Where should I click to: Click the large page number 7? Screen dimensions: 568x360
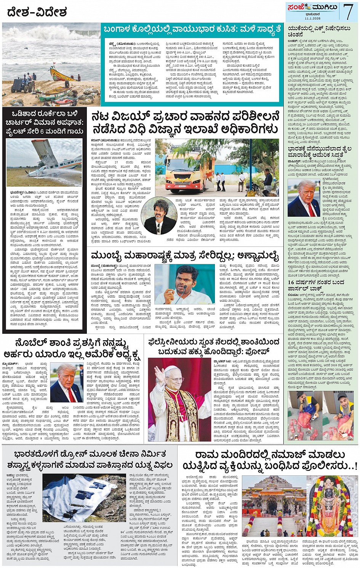348,11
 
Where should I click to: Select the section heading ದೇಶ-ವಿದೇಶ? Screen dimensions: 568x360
37,13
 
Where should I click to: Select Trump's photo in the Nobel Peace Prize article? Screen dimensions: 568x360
67,383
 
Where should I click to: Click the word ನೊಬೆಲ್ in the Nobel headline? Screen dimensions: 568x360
30,344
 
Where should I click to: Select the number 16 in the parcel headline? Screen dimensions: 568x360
291,282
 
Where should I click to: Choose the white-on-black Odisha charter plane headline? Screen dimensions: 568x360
44,122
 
